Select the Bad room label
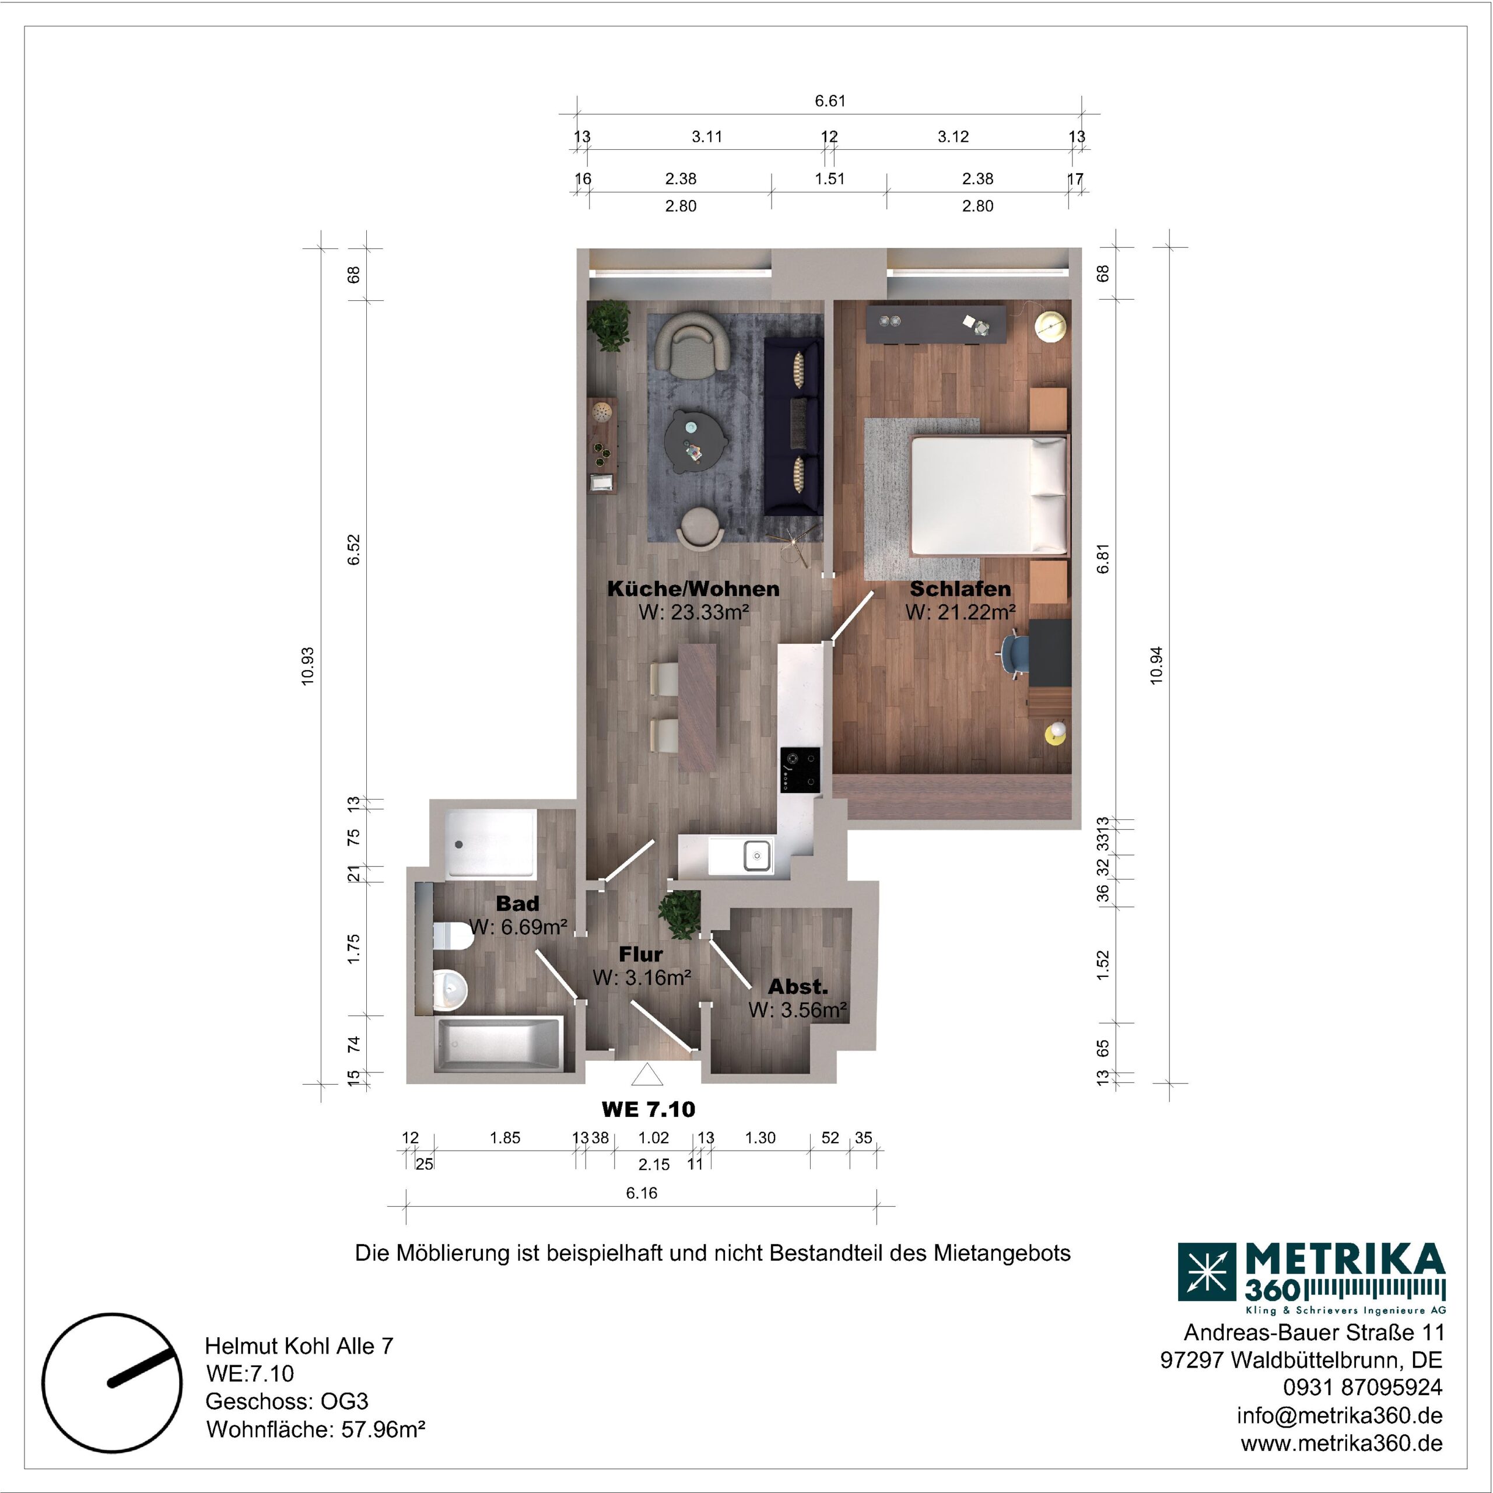[517, 903]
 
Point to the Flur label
[640, 954]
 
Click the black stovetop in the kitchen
[800, 770]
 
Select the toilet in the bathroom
[452, 937]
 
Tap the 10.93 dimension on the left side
[309, 666]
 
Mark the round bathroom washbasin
[449, 989]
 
